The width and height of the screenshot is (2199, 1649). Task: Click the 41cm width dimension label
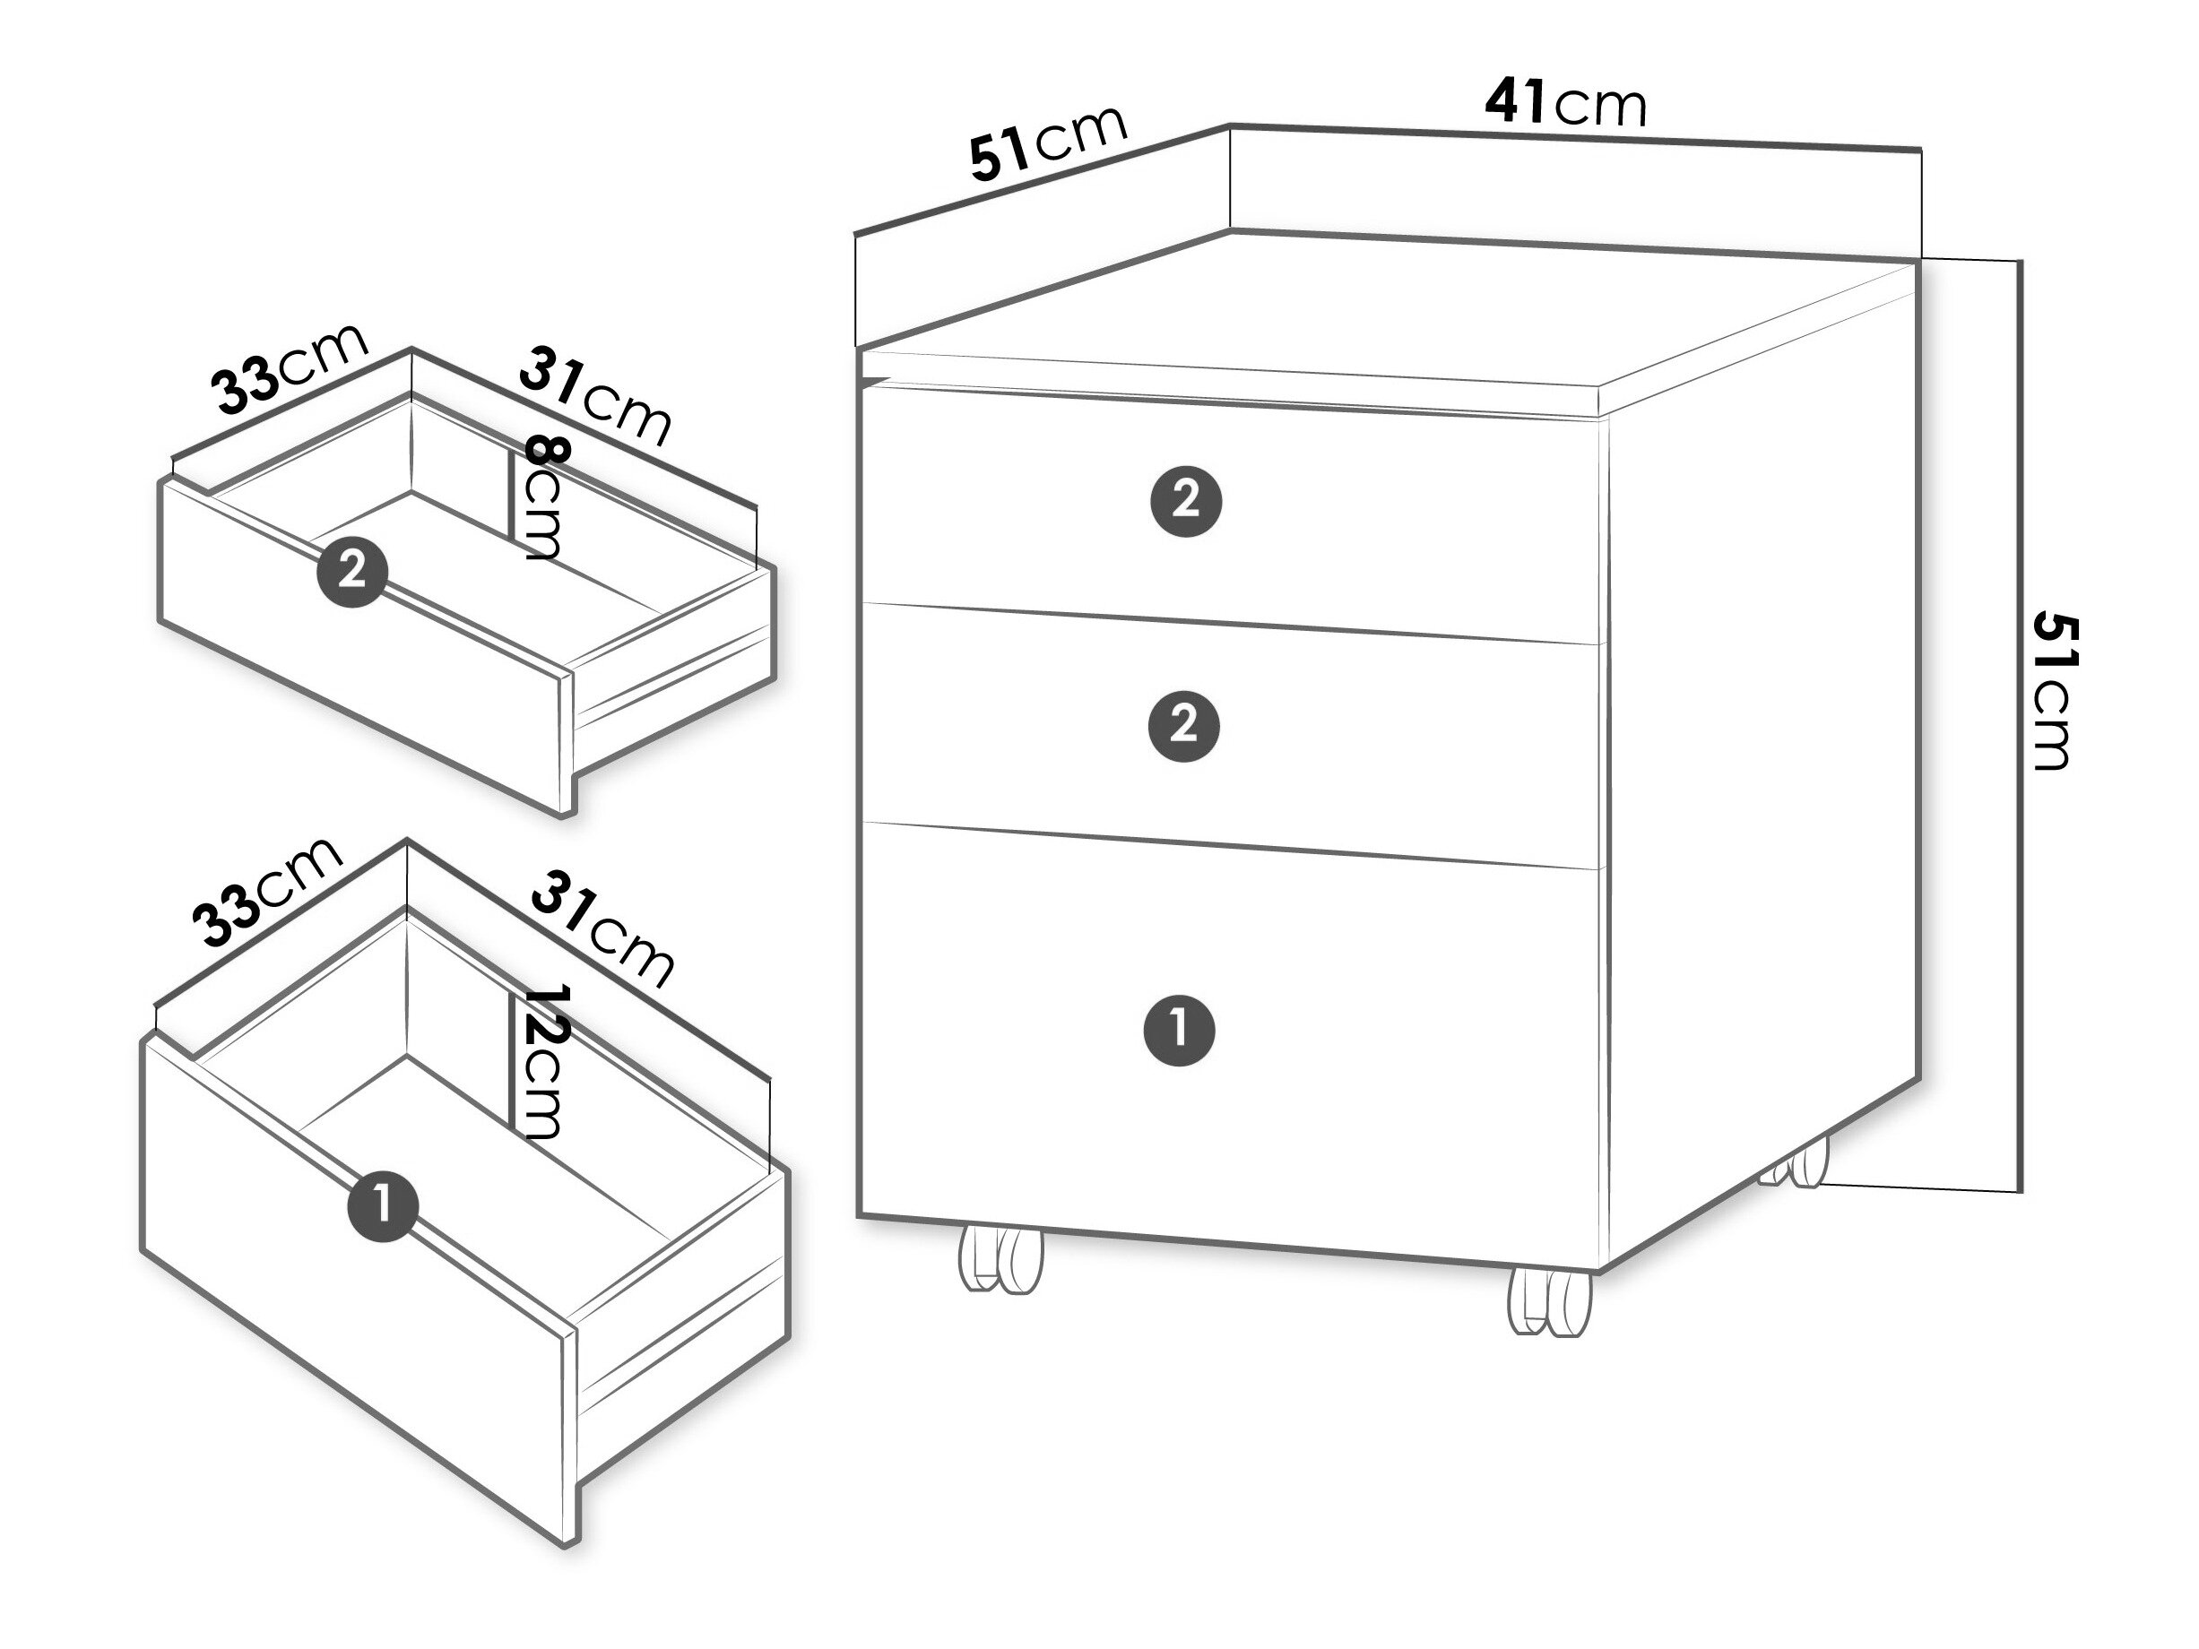[1566, 102]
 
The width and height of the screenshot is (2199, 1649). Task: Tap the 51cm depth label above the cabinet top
[1048, 143]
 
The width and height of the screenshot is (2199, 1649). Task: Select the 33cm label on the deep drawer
[271, 893]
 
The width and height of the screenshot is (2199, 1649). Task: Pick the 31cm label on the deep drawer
[602, 929]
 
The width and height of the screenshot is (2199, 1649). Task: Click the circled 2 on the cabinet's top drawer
[1186, 501]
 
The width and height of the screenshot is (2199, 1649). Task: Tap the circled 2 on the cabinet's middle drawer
[1184, 726]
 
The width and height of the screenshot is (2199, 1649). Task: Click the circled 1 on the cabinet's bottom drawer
[1180, 1030]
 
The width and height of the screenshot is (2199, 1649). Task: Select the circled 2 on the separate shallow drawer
[352, 572]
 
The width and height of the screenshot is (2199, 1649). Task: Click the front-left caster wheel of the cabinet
[1001, 1260]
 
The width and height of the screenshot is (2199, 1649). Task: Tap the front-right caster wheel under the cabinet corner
[1550, 1301]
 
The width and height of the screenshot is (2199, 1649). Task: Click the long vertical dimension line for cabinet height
[2019, 726]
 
